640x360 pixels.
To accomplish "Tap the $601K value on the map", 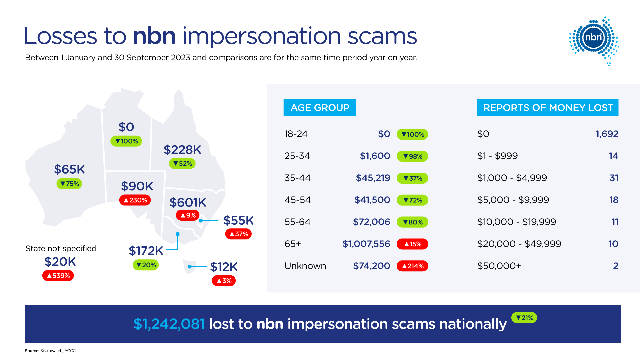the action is coord(188,202).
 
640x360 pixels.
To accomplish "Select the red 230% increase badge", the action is coord(135,200).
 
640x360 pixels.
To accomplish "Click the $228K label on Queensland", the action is coord(182,150).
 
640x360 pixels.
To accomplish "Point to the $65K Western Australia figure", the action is coord(69,169).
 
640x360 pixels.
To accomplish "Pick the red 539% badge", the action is coord(58,276).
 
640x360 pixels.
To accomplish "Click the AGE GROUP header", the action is coord(320,108).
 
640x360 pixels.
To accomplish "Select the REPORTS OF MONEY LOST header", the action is coord(548,108).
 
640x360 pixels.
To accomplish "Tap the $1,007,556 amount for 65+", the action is coord(366,244).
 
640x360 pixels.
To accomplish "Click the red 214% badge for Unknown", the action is coord(412,266).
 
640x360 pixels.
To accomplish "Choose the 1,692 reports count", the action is coord(607,134).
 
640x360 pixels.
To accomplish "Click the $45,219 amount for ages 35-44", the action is coord(373,178).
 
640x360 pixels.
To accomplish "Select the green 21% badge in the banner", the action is coord(524,318).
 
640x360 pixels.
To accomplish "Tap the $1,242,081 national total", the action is coord(169,324).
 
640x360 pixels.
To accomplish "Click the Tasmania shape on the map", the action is coord(189,266).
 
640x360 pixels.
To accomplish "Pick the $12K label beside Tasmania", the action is coord(224,267).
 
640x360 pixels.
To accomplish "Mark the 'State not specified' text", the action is coord(61,248).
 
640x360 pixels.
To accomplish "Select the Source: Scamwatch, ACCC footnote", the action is coord(50,351).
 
